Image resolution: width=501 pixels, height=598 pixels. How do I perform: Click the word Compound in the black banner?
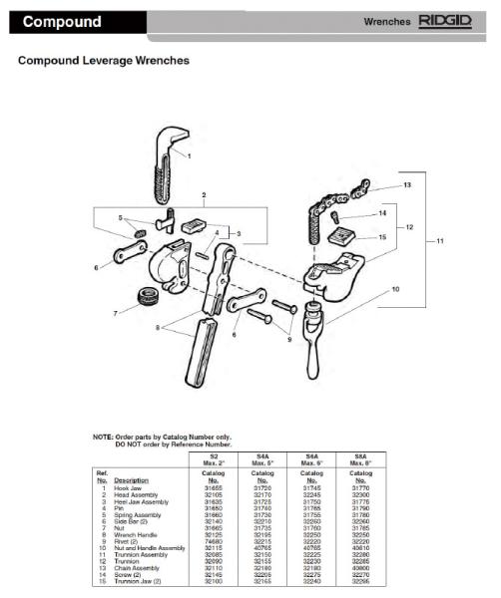pos(62,22)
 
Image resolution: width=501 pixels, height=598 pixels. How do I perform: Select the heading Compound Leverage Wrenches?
pos(104,61)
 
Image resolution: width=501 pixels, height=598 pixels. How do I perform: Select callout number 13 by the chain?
pos(406,185)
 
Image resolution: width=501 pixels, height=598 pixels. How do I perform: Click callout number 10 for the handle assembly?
pos(396,290)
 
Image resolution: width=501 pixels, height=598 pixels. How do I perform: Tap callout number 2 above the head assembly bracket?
pos(204,195)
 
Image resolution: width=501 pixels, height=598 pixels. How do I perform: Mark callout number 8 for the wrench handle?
pos(155,327)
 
